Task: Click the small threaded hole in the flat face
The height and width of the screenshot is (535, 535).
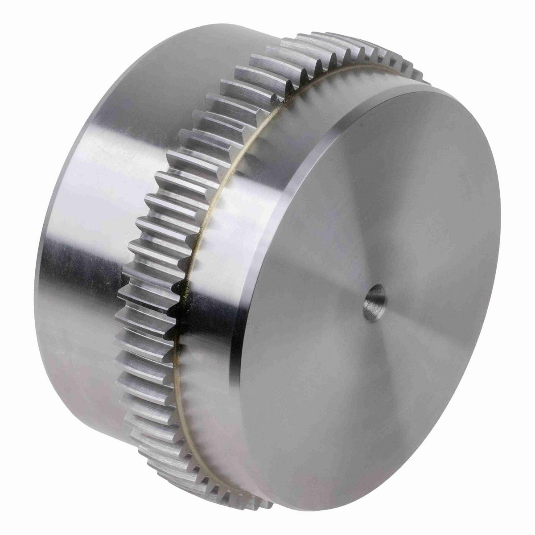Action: coord(374,303)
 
